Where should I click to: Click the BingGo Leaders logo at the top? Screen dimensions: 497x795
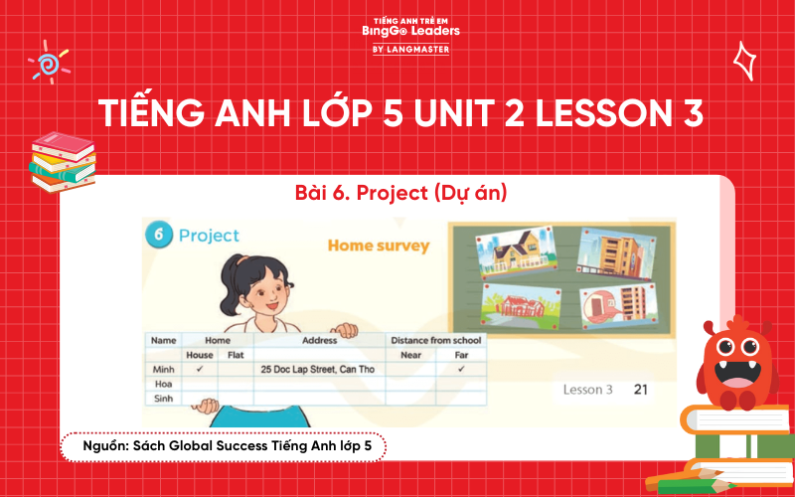409,31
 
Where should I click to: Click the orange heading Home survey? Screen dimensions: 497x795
379,245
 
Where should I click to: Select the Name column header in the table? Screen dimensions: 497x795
163,341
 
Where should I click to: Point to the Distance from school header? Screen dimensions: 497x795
435,341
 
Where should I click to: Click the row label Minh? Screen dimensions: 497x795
163,368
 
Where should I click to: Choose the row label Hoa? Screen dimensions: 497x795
161,383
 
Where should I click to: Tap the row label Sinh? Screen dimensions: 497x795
162,398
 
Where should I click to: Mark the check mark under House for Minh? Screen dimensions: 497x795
200,368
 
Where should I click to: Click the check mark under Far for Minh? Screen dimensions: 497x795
461,368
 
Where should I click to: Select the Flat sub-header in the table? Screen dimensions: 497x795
236,355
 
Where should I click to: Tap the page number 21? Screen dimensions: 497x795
640,389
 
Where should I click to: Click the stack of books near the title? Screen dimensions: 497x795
61,159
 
